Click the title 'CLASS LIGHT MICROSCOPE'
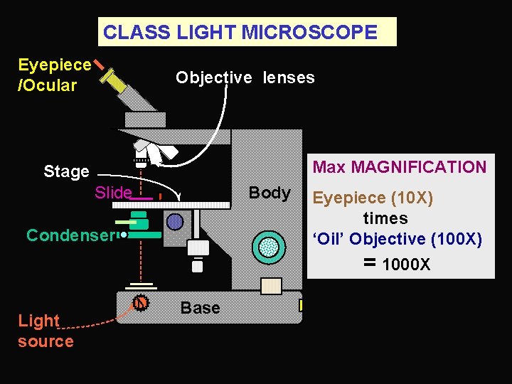click(x=240, y=32)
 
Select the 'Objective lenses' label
click(x=245, y=78)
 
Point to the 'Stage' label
click(x=66, y=171)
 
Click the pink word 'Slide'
click(x=113, y=193)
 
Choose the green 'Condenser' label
click(x=70, y=235)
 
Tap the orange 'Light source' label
click(x=45, y=331)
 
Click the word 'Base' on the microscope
click(x=200, y=308)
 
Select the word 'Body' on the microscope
click(x=270, y=193)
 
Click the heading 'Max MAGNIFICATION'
click(x=400, y=168)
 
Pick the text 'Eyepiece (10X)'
click(x=373, y=198)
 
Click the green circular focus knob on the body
click(x=269, y=246)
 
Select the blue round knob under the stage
click(x=175, y=222)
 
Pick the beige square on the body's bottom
click(x=271, y=285)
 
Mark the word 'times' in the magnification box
click(x=385, y=218)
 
